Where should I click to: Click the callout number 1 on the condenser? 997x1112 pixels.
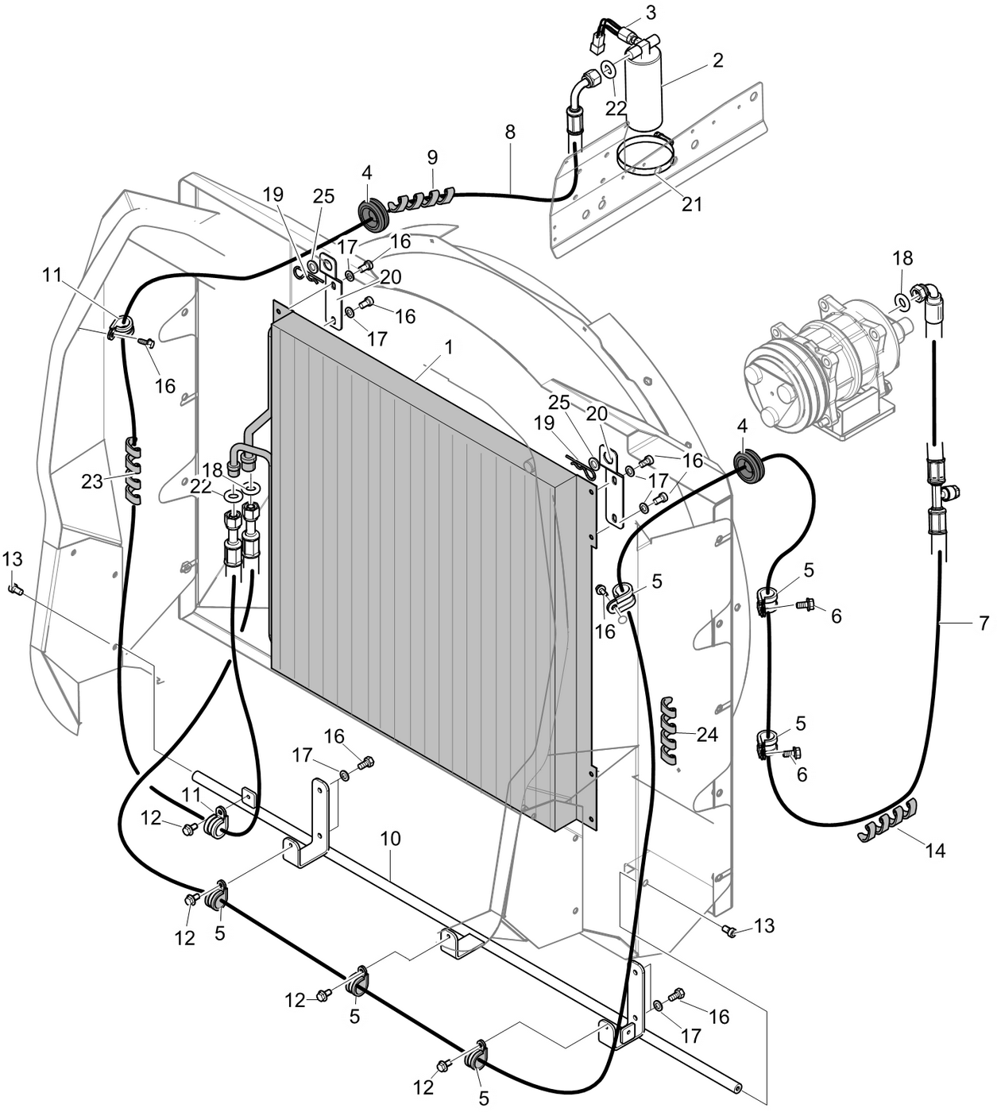click(x=449, y=347)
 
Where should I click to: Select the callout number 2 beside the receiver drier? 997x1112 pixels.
click(x=717, y=60)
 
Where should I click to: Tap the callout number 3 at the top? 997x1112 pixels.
click(x=651, y=12)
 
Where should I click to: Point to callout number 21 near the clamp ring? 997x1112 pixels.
click(x=692, y=203)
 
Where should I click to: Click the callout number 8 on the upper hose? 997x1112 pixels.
click(x=509, y=132)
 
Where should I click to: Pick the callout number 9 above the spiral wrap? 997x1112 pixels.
click(x=432, y=156)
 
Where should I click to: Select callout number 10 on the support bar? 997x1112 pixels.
click(x=390, y=839)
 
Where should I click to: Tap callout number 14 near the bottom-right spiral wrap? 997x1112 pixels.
click(x=935, y=851)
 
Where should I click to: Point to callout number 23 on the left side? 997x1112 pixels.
click(x=92, y=481)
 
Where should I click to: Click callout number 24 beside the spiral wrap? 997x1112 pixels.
click(x=706, y=735)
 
